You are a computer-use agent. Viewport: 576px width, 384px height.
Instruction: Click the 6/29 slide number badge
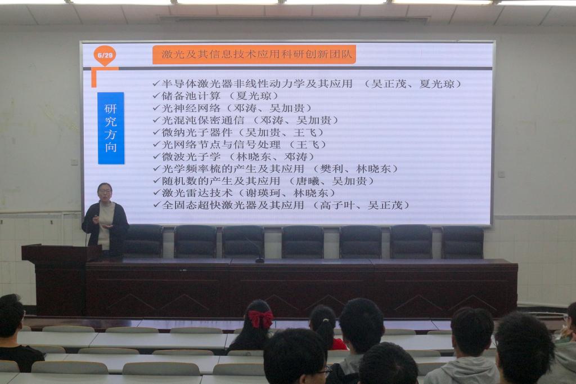(x=105, y=56)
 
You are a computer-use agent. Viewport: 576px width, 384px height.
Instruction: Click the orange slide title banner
(x=254, y=55)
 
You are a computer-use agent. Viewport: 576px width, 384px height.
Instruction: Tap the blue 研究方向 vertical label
(x=111, y=128)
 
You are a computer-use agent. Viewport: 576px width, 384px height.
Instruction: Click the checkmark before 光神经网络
(x=156, y=108)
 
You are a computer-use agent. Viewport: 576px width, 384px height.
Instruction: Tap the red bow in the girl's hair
(x=260, y=319)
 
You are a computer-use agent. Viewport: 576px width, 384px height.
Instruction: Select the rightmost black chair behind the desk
(x=462, y=242)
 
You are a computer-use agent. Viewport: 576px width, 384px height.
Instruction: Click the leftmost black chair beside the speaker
(x=143, y=241)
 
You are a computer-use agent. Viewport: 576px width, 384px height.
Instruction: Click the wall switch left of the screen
(x=74, y=162)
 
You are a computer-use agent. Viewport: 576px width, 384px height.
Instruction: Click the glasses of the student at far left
(x=22, y=313)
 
